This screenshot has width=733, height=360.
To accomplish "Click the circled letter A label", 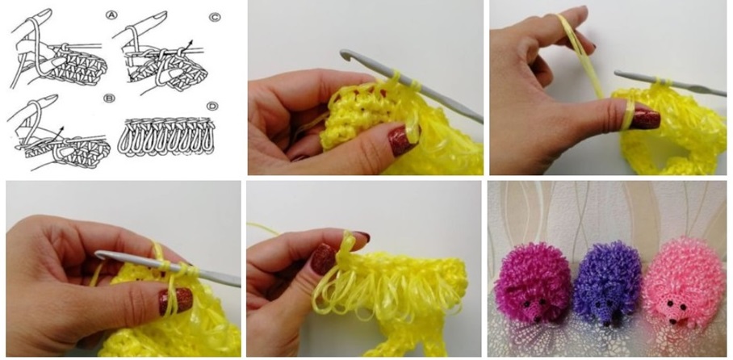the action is tap(111, 16).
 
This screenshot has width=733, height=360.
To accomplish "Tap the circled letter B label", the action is tap(110, 98).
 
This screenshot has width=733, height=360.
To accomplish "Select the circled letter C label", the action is tap(215, 17).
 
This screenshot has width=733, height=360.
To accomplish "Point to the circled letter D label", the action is tap(212, 106).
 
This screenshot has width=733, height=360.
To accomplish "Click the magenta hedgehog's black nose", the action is tap(537, 319).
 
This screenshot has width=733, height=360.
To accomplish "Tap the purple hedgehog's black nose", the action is tap(607, 322).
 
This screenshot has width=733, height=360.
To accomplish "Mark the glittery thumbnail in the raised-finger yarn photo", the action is tap(645, 119).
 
